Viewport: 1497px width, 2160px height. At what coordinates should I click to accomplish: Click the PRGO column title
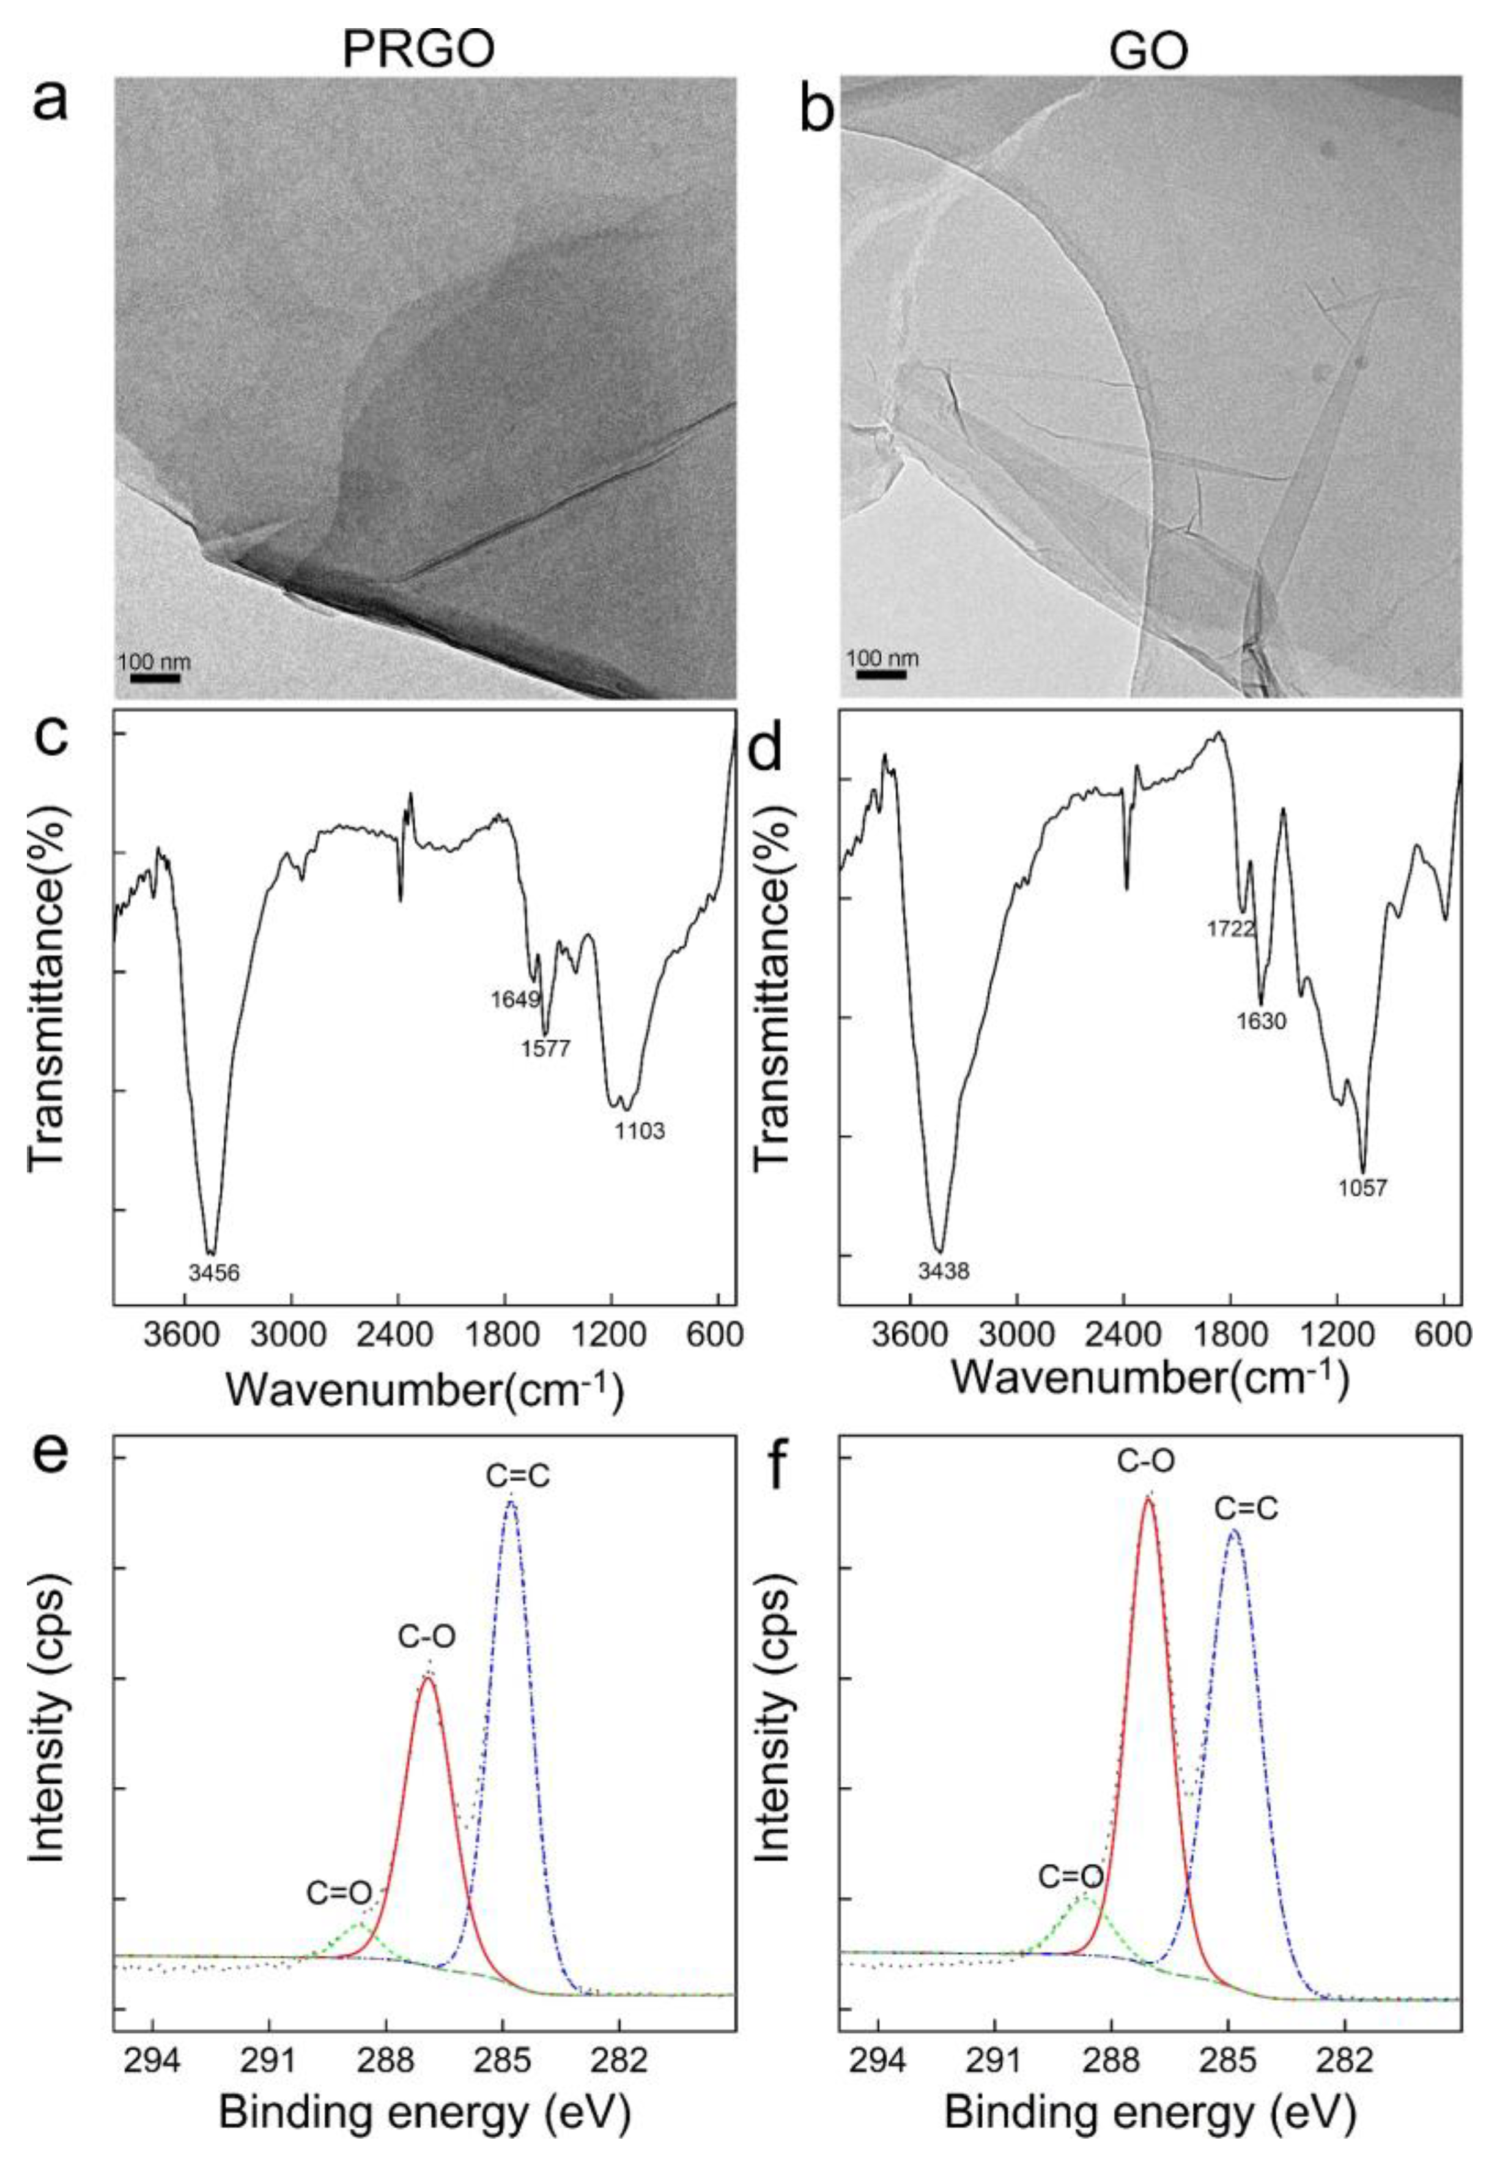(x=418, y=45)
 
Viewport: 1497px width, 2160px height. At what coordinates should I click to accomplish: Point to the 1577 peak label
(x=545, y=1048)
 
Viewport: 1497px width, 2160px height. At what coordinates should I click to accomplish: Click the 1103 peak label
(x=639, y=1131)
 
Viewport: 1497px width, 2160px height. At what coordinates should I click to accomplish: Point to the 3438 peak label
(x=943, y=1272)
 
